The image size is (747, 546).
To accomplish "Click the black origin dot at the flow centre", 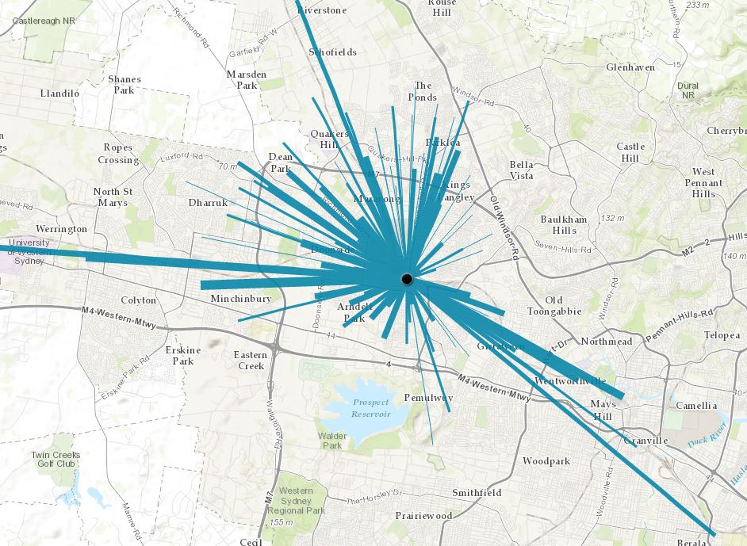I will [406, 279].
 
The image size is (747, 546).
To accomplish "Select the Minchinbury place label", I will [241, 299].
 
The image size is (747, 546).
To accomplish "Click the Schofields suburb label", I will [332, 52].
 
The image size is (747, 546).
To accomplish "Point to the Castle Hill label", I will [630, 152].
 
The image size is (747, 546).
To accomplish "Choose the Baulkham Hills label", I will [564, 224].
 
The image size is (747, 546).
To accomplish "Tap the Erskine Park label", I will [183, 355].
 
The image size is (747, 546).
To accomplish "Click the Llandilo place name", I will [60, 93].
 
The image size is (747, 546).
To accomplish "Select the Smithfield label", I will [476, 492].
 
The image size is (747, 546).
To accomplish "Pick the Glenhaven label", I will [630, 67].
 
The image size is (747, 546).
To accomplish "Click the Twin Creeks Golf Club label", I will [56, 460].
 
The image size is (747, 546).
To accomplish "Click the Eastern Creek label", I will [251, 360].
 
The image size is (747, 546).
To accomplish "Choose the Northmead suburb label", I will [607, 341].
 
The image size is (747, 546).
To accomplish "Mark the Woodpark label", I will [546, 460].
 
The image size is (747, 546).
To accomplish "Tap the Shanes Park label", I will [125, 84].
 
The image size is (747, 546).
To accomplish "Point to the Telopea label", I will [722, 335].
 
